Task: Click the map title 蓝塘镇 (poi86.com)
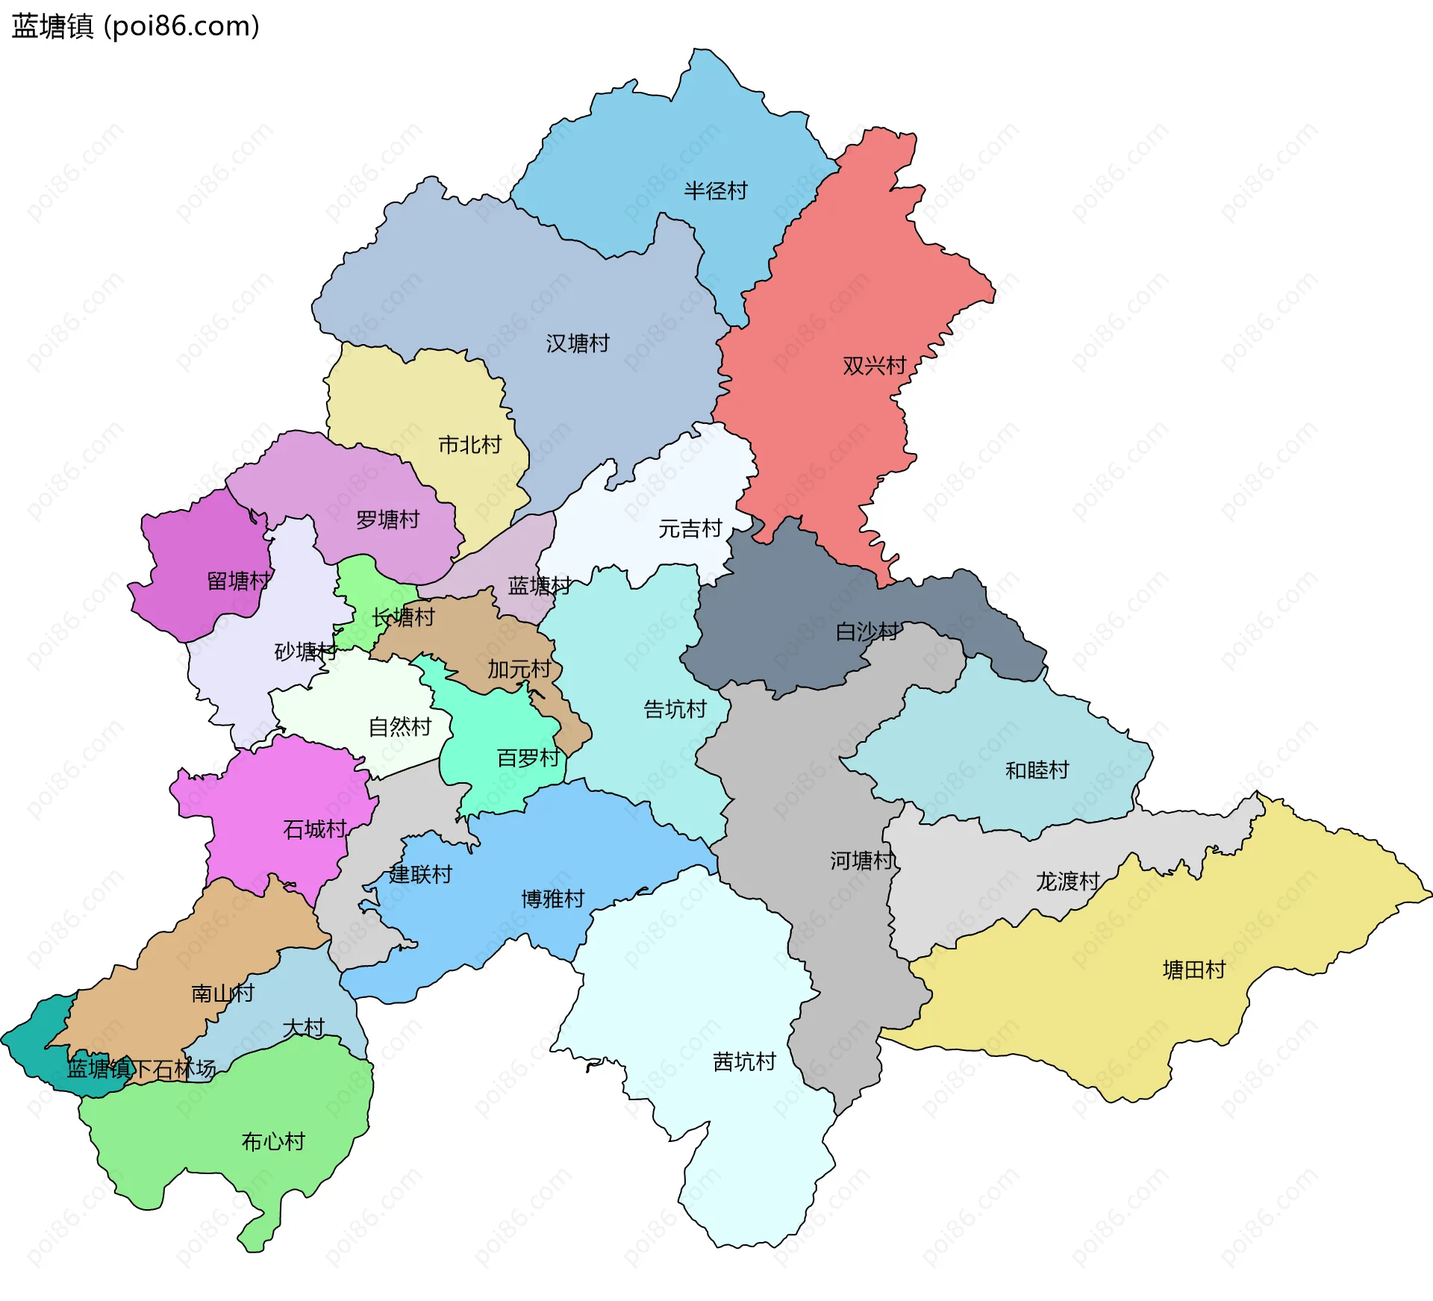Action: coord(135,26)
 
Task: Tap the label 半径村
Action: coord(715,191)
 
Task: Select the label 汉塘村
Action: coord(577,343)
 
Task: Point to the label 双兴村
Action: coord(874,366)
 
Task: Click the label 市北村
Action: coord(469,445)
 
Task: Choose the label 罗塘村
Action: coord(387,520)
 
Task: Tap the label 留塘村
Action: coord(238,581)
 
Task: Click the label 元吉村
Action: coord(690,529)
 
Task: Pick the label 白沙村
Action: coord(867,632)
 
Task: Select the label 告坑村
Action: coord(675,709)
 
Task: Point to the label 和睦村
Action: coord(1037,770)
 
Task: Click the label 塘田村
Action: coord(1194,970)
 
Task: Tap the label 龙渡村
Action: coord(1067,882)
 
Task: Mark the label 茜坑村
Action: coord(744,1061)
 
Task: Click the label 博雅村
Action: coord(552,899)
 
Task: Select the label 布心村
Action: coord(273,1141)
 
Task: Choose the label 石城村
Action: coord(314,829)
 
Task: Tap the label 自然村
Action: coord(400,726)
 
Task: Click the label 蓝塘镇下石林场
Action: coord(141,1069)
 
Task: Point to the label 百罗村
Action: coord(528,758)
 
